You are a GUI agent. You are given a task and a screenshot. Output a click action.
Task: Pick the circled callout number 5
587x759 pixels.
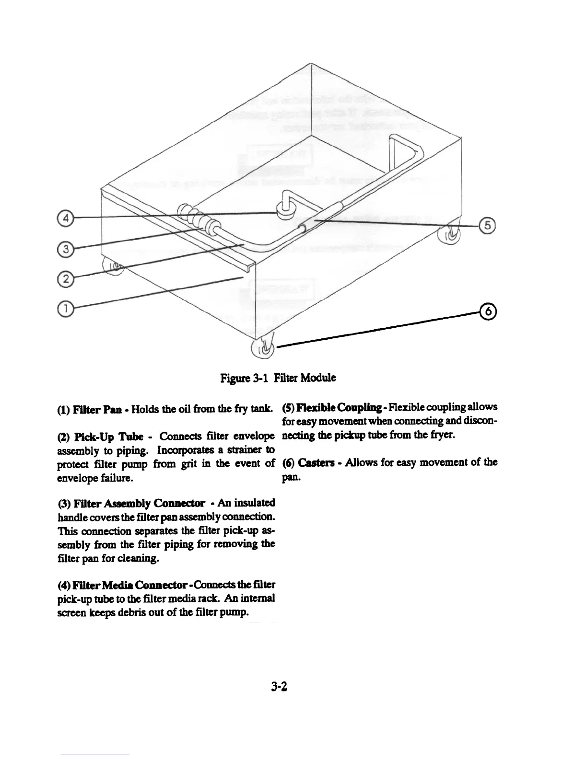[x=488, y=226]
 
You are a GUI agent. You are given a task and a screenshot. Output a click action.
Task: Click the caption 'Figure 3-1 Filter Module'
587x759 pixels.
[x=278, y=378]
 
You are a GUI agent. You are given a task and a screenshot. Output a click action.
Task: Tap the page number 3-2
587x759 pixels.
[x=279, y=687]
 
